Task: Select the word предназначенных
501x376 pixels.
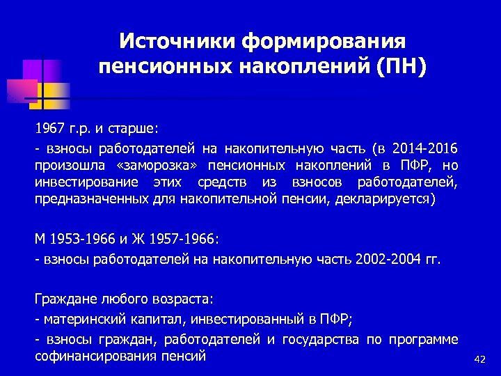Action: pos(91,199)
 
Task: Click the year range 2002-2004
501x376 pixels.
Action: pos(385,259)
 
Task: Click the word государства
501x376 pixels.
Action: pos(321,339)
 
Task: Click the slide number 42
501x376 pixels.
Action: pos(479,359)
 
